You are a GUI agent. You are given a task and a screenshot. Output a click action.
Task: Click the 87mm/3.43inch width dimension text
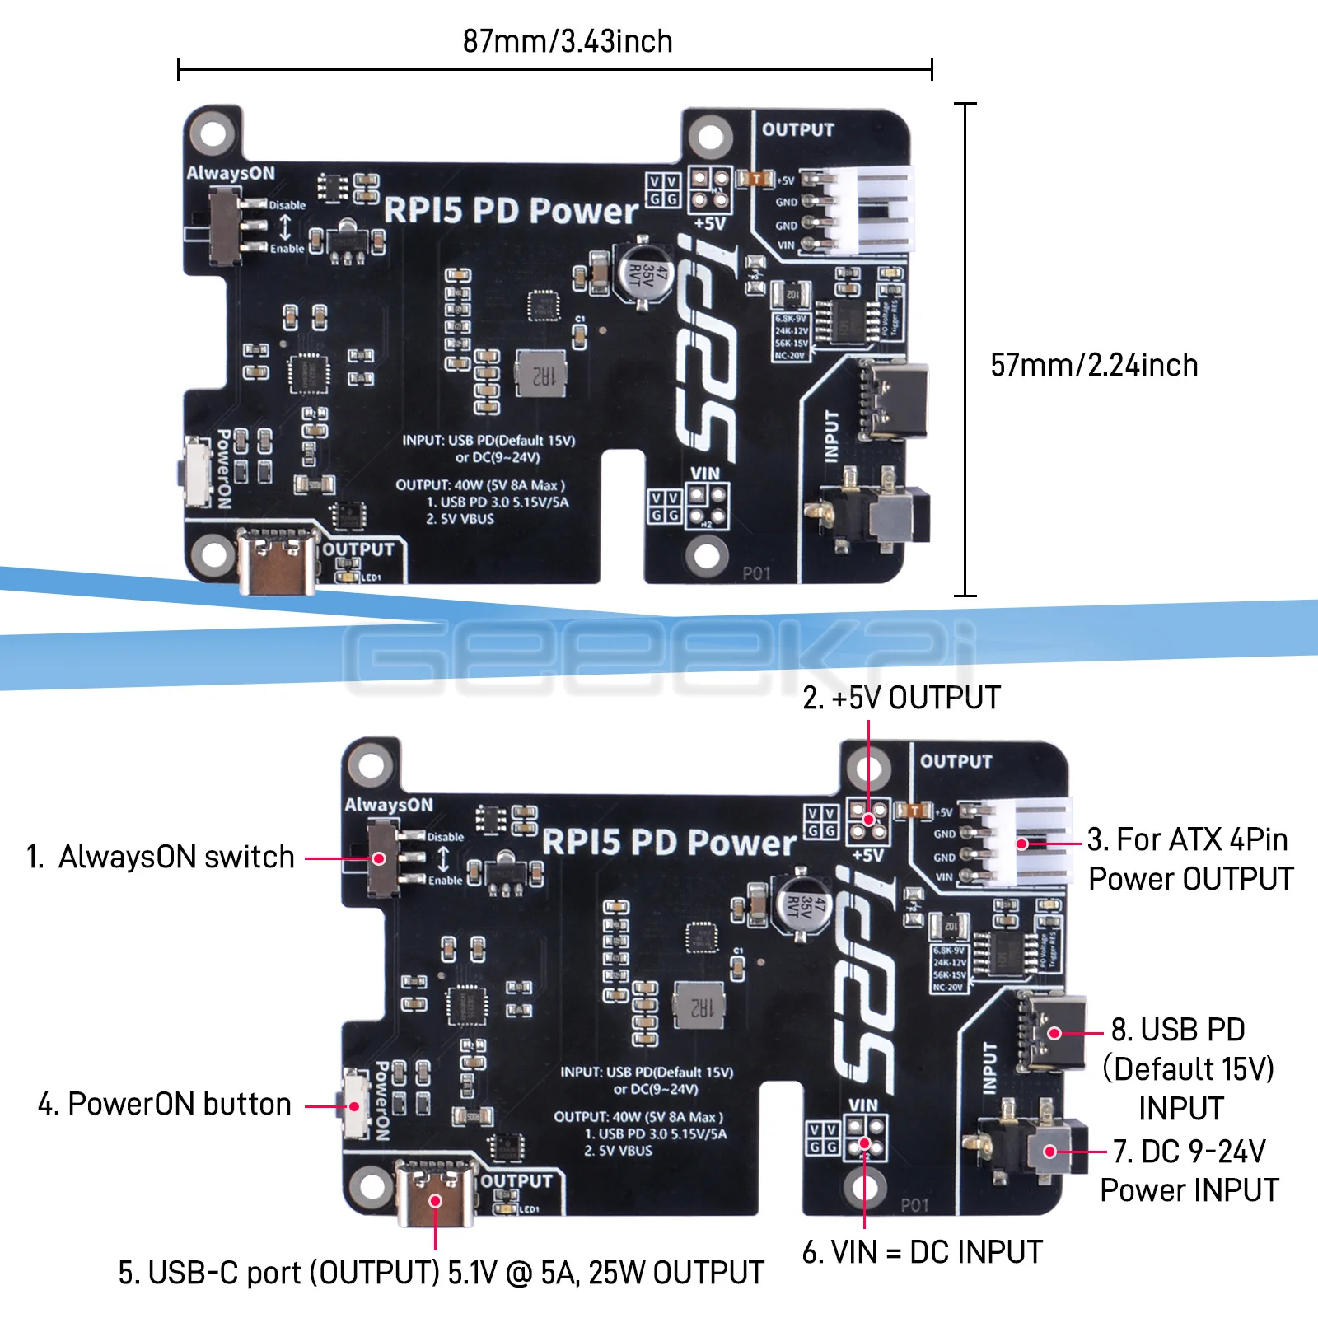(x=568, y=41)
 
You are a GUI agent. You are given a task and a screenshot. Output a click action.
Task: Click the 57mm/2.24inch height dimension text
(x=1094, y=365)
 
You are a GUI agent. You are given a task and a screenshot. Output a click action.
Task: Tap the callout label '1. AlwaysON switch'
(x=161, y=857)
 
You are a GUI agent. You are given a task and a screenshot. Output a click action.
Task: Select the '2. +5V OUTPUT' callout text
(x=901, y=698)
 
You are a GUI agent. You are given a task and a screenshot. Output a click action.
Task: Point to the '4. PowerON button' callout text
(x=165, y=1104)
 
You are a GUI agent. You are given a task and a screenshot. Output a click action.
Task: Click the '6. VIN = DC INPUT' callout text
(x=923, y=1252)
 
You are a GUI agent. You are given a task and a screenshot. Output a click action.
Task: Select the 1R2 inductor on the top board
(x=541, y=374)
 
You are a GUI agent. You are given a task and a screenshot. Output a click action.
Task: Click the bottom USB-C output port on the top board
(x=278, y=561)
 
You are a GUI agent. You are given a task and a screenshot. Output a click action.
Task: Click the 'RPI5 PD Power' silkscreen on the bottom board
(x=669, y=842)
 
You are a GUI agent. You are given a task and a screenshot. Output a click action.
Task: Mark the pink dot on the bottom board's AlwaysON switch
(x=379, y=858)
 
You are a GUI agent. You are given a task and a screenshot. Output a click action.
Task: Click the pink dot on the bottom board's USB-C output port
(x=436, y=1200)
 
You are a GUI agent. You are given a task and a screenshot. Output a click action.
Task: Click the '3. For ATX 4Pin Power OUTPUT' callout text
(x=1189, y=859)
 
